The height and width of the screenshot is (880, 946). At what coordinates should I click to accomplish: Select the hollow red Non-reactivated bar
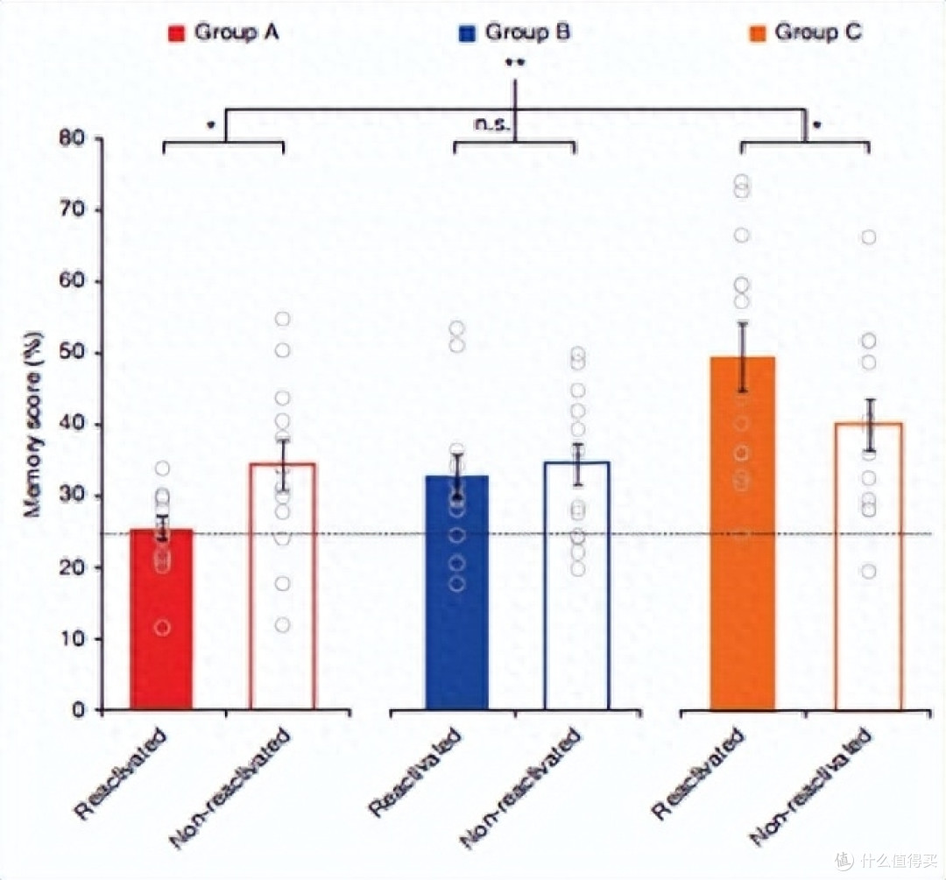tap(282, 595)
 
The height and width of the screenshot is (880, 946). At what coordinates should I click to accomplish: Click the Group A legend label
tap(237, 33)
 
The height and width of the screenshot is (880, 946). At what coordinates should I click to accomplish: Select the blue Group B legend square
tap(468, 34)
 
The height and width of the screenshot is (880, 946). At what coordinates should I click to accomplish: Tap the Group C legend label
tap(819, 33)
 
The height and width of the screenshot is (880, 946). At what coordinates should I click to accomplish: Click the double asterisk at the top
tap(514, 63)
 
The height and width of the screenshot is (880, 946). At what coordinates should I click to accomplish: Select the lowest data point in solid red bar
tap(161, 627)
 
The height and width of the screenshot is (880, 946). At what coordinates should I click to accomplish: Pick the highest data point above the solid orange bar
tap(742, 182)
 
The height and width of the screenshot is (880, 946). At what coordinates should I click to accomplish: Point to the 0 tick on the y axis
tap(83, 710)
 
